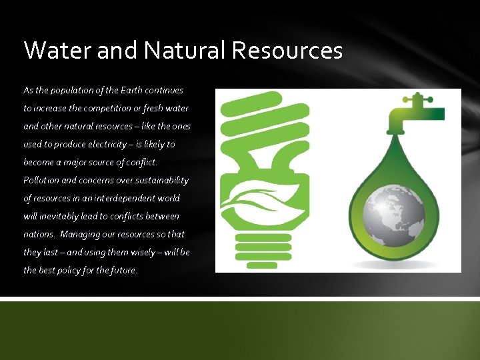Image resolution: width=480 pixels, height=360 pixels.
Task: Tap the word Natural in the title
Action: point(171,50)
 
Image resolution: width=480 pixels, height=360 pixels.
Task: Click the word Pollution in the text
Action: point(41,180)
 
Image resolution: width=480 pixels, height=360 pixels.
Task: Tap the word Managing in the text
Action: point(79,234)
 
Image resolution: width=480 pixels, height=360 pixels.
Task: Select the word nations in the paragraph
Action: point(39,234)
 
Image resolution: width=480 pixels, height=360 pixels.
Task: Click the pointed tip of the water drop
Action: point(399,137)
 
